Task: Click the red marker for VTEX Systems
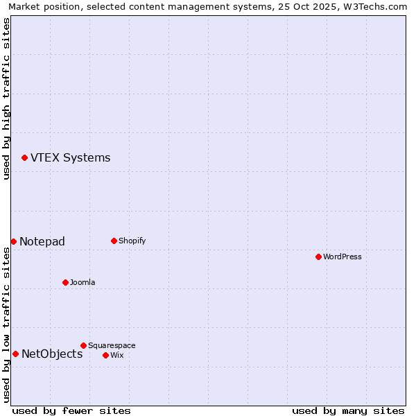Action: tap(24, 158)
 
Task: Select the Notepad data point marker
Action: tap(13, 241)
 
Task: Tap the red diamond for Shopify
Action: tap(114, 241)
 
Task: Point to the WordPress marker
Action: tap(318, 257)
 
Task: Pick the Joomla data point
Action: tap(65, 282)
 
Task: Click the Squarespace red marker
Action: tap(83, 345)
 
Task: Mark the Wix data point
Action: tap(105, 355)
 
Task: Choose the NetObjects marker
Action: tap(15, 354)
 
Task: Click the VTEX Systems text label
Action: tap(70, 158)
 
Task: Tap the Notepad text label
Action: tap(42, 241)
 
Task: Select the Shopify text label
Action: tap(132, 241)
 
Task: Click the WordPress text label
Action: tap(342, 257)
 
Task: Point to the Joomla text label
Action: tap(83, 283)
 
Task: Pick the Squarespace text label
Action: tap(112, 346)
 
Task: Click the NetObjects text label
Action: tap(52, 354)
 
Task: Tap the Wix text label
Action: tap(116, 356)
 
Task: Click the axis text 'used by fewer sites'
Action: tap(71, 410)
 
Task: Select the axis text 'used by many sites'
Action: tap(348, 410)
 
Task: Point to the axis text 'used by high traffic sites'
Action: tap(6, 98)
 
